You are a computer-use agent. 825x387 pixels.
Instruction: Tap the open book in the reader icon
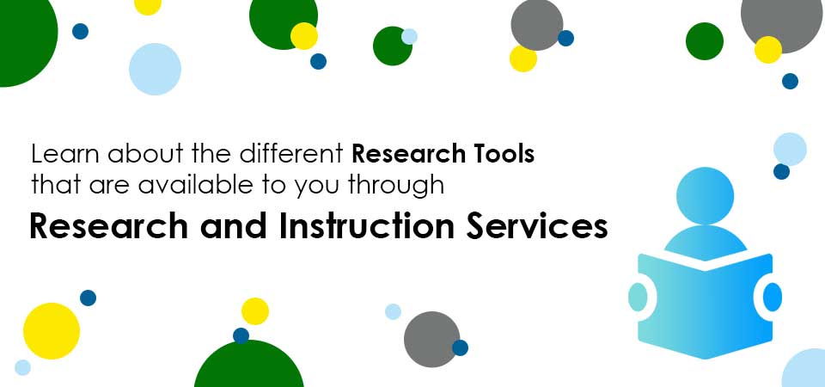click(x=705, y=306)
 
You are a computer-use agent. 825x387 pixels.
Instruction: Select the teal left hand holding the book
click(x=638, y=297)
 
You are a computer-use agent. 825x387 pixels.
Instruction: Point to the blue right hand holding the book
click(x=773, y=297)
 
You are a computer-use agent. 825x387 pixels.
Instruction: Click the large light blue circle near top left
click(x=156, y=69)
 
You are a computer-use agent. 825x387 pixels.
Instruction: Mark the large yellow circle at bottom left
click(x=52, y=331)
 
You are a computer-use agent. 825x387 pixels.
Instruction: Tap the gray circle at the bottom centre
click(x=432, y=339)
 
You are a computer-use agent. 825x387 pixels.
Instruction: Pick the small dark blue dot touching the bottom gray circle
click(x=460, y=347)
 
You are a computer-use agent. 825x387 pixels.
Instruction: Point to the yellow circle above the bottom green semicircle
click(x=255, y=311)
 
